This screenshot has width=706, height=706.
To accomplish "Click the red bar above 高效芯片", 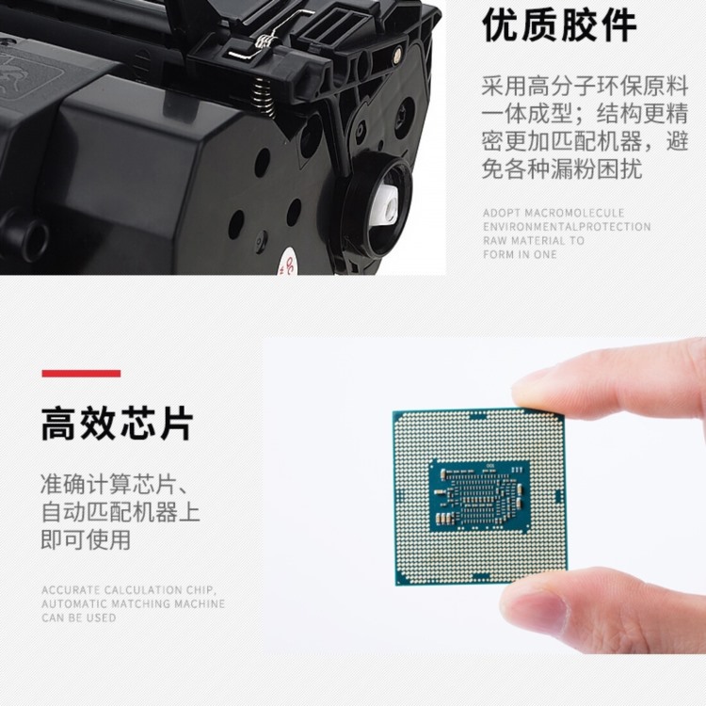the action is point(81,374).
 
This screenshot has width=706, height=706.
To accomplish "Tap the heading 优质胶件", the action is point(559,26).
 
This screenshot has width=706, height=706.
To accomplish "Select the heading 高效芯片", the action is point(117,424).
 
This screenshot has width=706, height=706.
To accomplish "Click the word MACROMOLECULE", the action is point(574,213).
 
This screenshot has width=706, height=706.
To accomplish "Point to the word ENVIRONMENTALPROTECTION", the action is point(567,227).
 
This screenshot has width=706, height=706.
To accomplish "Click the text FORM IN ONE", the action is point(520,254).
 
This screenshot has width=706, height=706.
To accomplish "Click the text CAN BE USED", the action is point(79,618).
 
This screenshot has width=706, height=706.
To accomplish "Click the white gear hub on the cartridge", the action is point(386,204).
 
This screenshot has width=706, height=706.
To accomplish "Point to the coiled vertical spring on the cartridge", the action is point(264,96).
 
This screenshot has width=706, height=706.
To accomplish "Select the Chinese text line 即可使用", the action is point(86,539).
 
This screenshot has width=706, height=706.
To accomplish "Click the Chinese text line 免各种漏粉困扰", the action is point(562,169).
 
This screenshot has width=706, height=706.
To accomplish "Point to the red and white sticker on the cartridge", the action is point(286,265).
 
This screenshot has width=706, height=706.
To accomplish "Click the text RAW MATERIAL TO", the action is point(534,240).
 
